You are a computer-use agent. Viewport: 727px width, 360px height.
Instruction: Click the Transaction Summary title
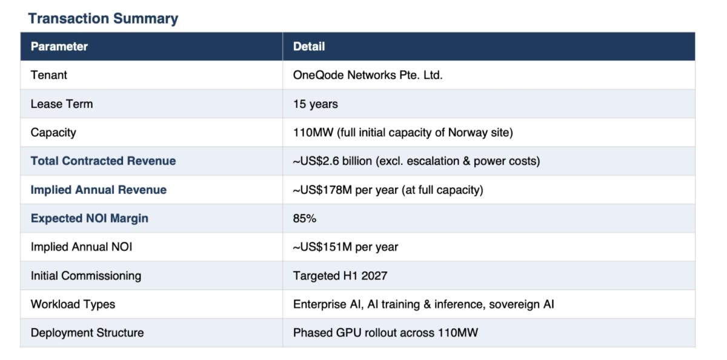click(103, 19)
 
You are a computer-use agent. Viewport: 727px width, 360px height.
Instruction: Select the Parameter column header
click(59, 47)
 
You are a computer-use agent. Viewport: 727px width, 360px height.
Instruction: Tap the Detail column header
click(308, 47)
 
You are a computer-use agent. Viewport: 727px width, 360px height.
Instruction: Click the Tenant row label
click(48, 75)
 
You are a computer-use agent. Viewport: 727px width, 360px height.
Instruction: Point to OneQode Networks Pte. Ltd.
click(368, 75)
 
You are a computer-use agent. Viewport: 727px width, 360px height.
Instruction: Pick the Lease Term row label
click(62, 104)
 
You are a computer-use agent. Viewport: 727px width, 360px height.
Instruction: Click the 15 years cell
click(315, 104)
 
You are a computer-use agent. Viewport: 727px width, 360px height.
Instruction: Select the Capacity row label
click(53, 133)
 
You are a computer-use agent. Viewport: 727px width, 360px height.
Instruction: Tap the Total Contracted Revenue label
click(103, 161)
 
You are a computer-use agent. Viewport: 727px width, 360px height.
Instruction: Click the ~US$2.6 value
click(316, 161)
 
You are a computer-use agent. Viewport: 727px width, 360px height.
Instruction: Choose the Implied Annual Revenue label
click(98, 190)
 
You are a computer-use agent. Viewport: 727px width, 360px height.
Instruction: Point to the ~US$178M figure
click(322, 190)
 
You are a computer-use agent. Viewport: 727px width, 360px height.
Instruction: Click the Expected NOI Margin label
click(89, 218)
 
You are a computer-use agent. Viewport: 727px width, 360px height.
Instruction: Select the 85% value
click(304, 218)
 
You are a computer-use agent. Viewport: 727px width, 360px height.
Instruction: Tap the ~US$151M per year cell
click(345, 247)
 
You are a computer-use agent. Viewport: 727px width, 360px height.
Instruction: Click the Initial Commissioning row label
click(85, 276)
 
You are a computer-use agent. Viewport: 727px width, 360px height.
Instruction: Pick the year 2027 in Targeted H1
click(374, 276)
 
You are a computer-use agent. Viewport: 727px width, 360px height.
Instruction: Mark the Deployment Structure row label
click(87, 333)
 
